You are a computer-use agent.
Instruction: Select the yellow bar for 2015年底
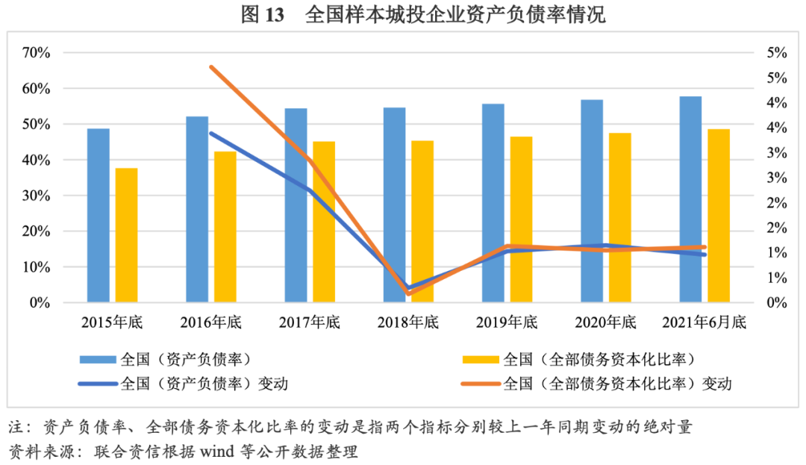click(126, 235)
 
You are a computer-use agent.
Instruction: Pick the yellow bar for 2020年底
click(620, 217)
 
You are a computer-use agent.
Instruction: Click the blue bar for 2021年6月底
click(691, 199)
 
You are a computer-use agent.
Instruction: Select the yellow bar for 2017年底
click(324, 222)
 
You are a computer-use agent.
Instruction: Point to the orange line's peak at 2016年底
click(211, 67)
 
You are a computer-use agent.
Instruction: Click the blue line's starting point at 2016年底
click(211, 134)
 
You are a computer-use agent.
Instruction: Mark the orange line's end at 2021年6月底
click(704, 247)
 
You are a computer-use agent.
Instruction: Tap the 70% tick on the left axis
click(36, 53)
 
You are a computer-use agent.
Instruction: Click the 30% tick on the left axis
click(36, 196)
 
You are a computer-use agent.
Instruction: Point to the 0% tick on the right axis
click(776, 303)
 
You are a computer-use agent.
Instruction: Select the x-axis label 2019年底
click(507, 323)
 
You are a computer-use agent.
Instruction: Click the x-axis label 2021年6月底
click(705, 323)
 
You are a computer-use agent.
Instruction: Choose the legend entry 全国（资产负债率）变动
click(204, 384)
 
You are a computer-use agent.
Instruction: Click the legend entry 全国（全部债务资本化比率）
click(599, 360)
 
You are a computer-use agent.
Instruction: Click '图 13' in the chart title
click(263, 15)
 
